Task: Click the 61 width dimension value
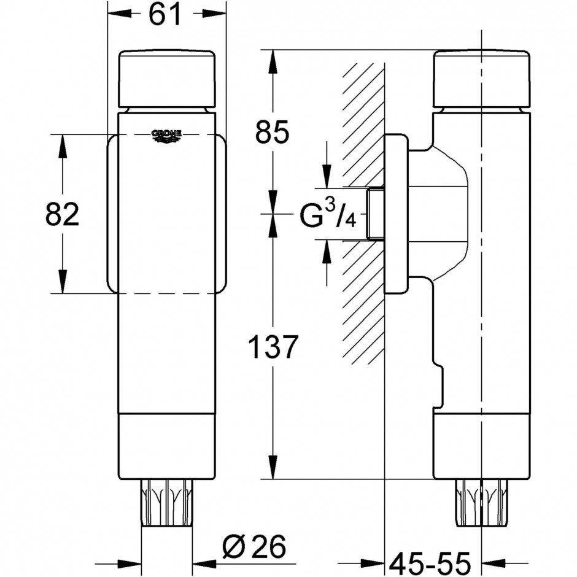pyautogui.click(x=165, y=14)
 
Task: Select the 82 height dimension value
pyautogui.click(x=62, y=214)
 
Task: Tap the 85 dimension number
pyautogui.click(x=273, y=132)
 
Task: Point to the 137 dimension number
pyautogui.click(x=273, y=347)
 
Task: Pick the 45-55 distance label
pyautogui.click(x=430, y=563)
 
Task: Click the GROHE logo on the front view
pyautogui.click(x=167, y=136)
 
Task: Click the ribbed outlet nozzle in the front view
pyautogui.click(x=167, y=504)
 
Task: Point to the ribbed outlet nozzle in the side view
pyautogui.click(x=482, y=504)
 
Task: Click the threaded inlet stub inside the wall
pyautogui.click(x=375, y=214)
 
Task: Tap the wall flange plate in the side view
pyautogui.click(x=396, y=214)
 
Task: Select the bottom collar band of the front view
pyautogui.click(x=166, y=446)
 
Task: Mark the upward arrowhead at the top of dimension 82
pyautogui.click(x=63, y=145)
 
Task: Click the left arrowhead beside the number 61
pyautogui.click(x=118, y=14)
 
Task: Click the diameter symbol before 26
pyautogui.click(x=234, y=546)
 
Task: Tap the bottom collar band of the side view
pyautogui.click(x=482, y=446)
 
